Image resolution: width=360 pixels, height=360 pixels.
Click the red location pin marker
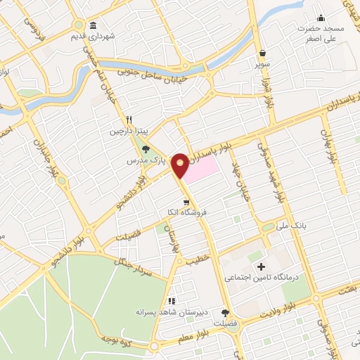click(x=180, y=165)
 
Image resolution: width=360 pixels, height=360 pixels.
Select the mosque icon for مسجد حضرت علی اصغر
click(x=321, y=18)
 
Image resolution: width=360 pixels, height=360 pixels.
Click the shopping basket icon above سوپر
click(x=262, y=53)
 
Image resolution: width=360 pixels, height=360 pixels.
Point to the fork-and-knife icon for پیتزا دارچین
click(x=129, y=120)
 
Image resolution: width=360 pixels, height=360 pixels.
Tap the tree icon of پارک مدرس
click(x=146, y=149)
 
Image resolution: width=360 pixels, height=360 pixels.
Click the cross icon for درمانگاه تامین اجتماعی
click(x=262, y=266)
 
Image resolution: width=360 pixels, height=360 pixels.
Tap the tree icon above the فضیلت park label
click(x=225, y=313)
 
